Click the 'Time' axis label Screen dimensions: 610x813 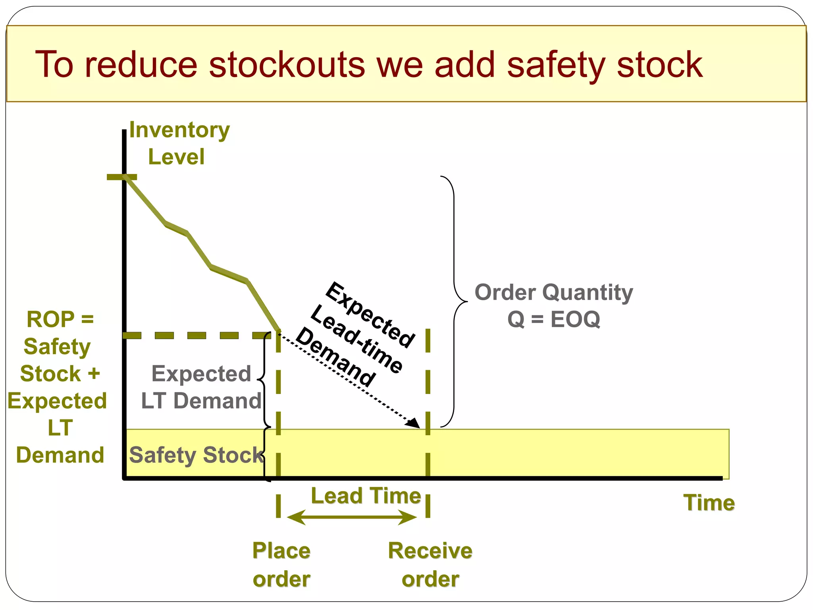709,503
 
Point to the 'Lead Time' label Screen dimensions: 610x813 366,496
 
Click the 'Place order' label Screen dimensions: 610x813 281,564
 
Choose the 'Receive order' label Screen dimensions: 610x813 430,564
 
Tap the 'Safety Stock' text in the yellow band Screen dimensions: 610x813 197,455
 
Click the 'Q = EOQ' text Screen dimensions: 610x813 554,319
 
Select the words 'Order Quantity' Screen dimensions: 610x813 554,292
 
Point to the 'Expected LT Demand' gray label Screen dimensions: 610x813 201,387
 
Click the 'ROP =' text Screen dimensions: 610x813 60,319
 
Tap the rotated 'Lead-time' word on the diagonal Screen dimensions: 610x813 356,340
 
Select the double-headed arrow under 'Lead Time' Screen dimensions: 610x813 352,517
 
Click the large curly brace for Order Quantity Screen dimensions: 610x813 455,302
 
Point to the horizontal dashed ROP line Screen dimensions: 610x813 197,336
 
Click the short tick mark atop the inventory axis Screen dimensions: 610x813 122,177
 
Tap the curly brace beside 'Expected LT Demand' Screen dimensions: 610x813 263,380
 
